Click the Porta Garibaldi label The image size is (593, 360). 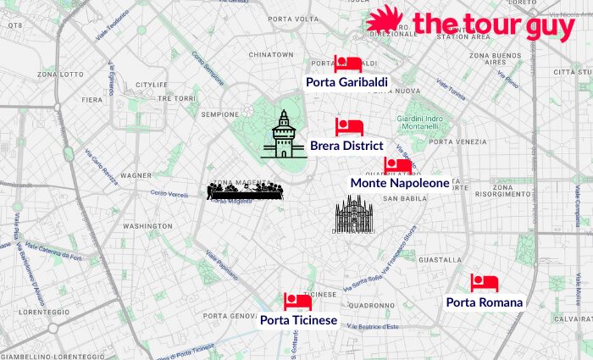[347, 81]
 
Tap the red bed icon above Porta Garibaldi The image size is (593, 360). [347, 64]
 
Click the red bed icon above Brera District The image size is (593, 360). [349, 127]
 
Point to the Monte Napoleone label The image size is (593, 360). [400, 183]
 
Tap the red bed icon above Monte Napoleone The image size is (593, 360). [398, 166]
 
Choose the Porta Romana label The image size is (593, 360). [485, 302]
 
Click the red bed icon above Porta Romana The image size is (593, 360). [485, 283]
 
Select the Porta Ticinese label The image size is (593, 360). [298, 320]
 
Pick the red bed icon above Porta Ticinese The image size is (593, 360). [297, 302]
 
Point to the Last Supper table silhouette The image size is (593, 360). [245, 192]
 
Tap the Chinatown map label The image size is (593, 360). [271, 54]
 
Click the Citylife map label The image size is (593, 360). [152, 85]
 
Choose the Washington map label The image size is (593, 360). [147, 227]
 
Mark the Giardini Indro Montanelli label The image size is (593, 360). [421, 122]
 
